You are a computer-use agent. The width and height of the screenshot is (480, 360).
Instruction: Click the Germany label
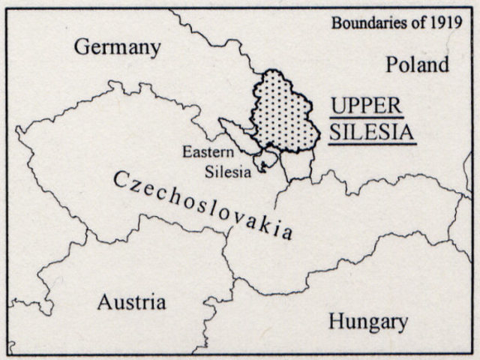118,48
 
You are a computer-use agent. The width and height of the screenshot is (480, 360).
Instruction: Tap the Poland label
417,64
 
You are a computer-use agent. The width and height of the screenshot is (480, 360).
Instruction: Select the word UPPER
366,105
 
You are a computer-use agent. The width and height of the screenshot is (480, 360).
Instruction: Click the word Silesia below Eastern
228,172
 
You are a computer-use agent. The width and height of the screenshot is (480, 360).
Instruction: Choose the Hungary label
368,322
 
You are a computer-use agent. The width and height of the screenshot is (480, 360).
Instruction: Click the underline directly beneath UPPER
366,117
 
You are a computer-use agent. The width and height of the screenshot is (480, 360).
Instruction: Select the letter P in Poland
392,65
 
